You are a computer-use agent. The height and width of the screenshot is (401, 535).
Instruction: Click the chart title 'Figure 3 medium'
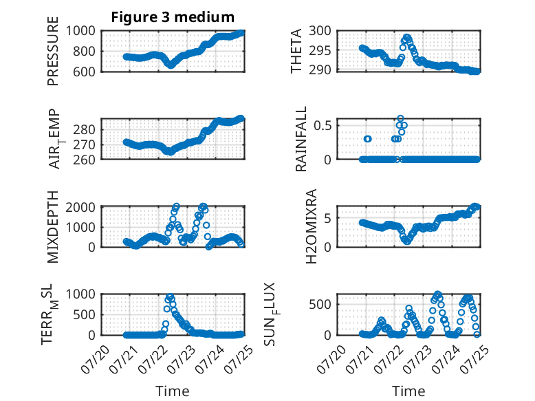pyautogui.click(x=173, y=17)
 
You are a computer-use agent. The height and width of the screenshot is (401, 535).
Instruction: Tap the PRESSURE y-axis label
pyautogui.click(x=53, y=51)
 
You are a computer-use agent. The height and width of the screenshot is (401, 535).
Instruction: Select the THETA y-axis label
pyautogui.click(x=296, y=51)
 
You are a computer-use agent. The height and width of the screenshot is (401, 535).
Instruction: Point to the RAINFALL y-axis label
pyautogui.click(x=301, y=139)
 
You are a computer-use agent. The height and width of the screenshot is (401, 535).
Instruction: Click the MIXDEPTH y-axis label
pyautogui.click(x=53, y=227)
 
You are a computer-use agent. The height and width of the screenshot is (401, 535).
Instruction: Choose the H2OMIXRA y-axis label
pyautogui.click(x=312, y=226)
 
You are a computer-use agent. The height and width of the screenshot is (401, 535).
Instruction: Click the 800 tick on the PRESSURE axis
pyautogui.click(x=85, y=52)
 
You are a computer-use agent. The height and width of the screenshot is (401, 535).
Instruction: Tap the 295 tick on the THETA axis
pyautogui.click(x=320, y=50)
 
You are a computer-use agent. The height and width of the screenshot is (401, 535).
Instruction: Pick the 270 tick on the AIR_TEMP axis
pyautogui.click(x=85, y=145)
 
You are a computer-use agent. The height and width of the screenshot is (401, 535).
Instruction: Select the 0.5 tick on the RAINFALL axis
pyautogui.click(x=323, y=126)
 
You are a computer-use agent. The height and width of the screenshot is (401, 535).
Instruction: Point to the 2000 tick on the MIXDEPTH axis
pyautogui.click(x=80, y=207)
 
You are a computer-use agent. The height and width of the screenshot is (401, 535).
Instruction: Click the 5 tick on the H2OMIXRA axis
pyautogui.click(x=328, y=218)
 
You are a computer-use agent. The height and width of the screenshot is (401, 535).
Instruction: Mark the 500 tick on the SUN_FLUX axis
pyautogui.click(x=320, y=305)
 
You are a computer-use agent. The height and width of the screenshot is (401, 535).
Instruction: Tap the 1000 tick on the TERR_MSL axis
pyautogui.click(x=80, y=294)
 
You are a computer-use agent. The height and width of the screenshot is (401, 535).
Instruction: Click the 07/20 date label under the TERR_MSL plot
pyautogui.click(x=96, y=360)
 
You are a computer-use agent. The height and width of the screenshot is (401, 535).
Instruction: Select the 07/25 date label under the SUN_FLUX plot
pyautogui.click(x=474, y=360)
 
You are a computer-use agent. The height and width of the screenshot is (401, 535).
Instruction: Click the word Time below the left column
pyautogui.click(x=173, y=391)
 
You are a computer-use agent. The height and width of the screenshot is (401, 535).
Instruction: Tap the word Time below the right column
pyautogui.click(x=408, y=391)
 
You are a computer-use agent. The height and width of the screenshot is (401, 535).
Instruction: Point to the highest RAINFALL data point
pyautogui.click(x=401, y=118)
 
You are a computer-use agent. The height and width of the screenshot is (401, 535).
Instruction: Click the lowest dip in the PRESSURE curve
pyautogui.click(x=171, y=65)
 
